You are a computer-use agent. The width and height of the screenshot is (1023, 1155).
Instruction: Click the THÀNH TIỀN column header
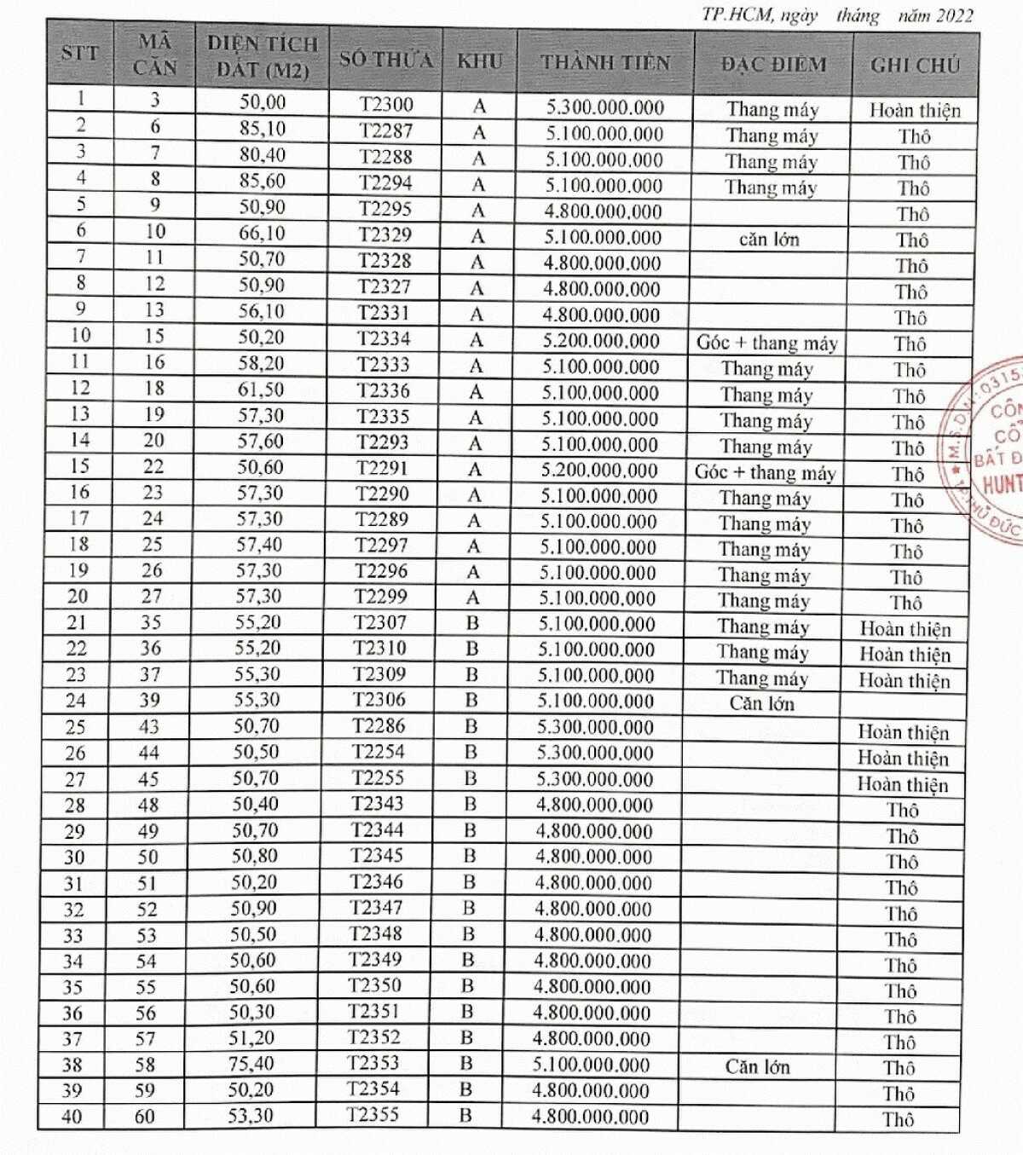605,62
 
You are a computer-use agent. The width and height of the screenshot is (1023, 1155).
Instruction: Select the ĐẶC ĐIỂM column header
773,64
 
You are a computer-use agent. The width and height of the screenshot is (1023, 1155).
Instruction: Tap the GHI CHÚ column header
915,65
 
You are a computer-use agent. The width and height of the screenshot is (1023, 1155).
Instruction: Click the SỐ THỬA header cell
386,60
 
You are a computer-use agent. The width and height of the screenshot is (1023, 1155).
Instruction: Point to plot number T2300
386,105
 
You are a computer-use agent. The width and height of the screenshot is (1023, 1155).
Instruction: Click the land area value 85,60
262,181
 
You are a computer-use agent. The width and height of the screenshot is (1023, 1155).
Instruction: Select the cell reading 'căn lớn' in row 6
769,240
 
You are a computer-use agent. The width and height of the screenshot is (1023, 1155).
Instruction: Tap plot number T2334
384,338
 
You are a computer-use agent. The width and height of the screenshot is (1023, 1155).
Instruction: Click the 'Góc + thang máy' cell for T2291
765,473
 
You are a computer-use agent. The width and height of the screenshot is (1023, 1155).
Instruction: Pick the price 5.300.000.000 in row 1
605,107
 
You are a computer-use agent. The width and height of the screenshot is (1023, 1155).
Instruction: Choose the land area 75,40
251,1064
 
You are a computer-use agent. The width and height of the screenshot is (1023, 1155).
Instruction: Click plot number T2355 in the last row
373,1114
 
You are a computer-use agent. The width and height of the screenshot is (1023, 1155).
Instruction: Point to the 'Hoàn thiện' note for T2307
905,629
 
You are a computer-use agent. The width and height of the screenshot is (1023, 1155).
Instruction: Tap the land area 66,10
262,233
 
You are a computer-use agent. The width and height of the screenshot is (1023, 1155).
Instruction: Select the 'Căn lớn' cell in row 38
757,1066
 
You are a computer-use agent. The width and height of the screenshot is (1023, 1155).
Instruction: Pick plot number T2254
379,752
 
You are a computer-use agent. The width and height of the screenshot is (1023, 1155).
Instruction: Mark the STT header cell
79,53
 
